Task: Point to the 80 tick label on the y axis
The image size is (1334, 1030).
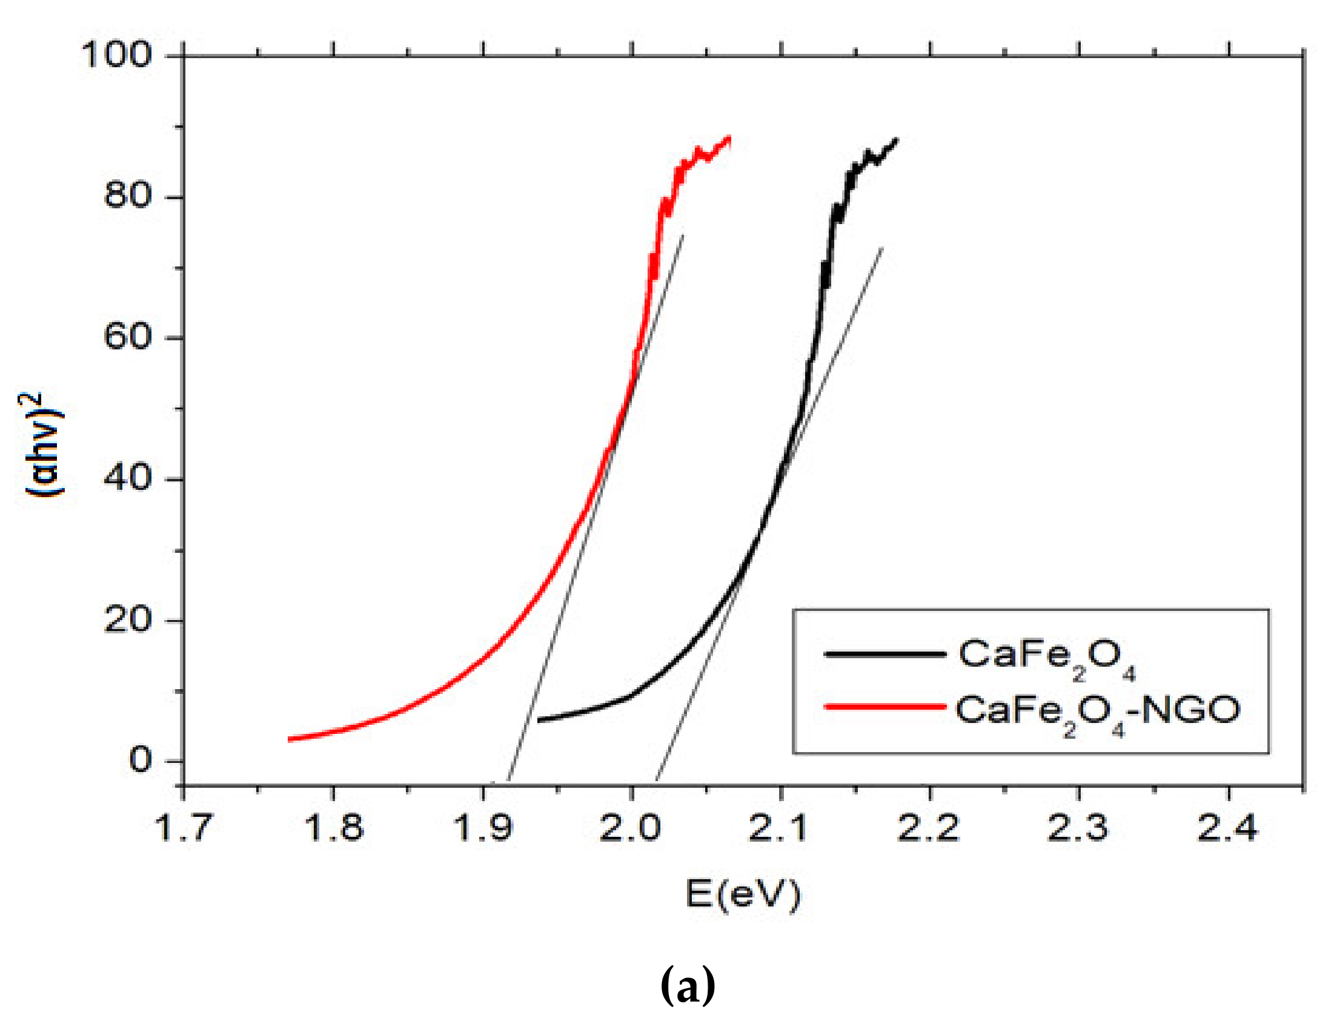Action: pos(127,196)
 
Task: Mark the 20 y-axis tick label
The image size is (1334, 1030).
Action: pos(127,619)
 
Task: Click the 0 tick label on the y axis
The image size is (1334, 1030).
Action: pos(140,761)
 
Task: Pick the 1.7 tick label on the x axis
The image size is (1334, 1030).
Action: pos(184,828)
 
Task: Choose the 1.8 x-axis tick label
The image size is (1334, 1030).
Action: pos(333,828)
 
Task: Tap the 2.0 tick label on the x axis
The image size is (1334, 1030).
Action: pos(631,828)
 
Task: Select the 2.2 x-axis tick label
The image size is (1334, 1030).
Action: pos(929,828)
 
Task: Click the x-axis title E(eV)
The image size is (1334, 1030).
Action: pos(742,895)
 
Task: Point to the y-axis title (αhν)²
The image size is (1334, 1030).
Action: pos(43,444)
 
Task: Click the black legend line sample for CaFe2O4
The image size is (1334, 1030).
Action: pos(884,654)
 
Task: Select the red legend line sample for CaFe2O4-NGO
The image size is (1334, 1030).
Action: pos(884,707)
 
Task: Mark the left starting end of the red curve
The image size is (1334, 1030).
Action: pos(291,739)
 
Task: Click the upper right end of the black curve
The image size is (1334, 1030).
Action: pos(896,140)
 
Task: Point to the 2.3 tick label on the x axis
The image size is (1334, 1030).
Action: pos(1078,828)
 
